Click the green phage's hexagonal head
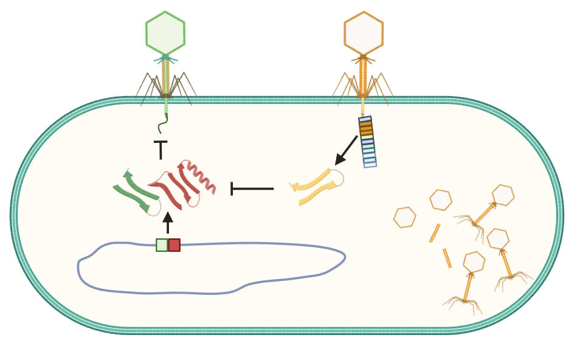(x=165, y=33)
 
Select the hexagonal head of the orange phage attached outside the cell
(x=364, y=33)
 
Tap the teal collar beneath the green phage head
(x=165, y=58)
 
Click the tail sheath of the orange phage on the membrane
(x=363, y=76)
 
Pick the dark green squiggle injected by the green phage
(x=162, y=124)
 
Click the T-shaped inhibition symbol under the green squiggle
(x=161, y=150)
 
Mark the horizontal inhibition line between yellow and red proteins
(x=252, y=189)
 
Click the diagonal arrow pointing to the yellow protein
(x=346, y=150)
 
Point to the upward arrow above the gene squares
(x=168, y=223)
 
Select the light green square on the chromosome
(x=162, y=245)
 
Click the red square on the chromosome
(x=174, y=245)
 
